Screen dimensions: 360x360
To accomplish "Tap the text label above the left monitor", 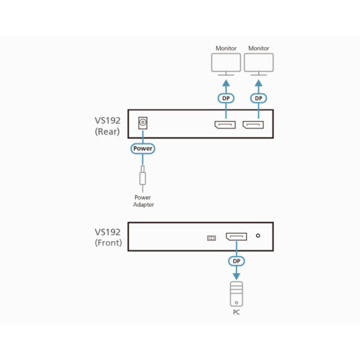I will click(226, 48).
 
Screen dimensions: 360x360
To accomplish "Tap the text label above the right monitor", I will click(259, 48).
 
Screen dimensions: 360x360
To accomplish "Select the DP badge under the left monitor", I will click(226, 98).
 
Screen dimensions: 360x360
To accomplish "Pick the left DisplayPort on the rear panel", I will click(226, 125).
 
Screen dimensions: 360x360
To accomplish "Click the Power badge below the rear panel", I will click(143, 148).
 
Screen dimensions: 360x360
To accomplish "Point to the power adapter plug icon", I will click(143, 178).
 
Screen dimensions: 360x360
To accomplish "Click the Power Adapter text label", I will click(143, 201).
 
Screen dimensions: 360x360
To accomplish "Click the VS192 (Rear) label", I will click(109, 127).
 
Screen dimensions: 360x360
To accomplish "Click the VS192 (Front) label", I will click(109, 237).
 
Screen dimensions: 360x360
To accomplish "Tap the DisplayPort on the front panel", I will click(236, 238).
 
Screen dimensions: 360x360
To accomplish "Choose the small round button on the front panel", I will click(258, 236).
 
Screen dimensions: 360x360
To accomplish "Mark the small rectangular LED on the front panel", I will click(211, 238).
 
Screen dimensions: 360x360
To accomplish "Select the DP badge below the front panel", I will click(236, 262).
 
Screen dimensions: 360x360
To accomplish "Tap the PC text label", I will click(236, 312).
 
